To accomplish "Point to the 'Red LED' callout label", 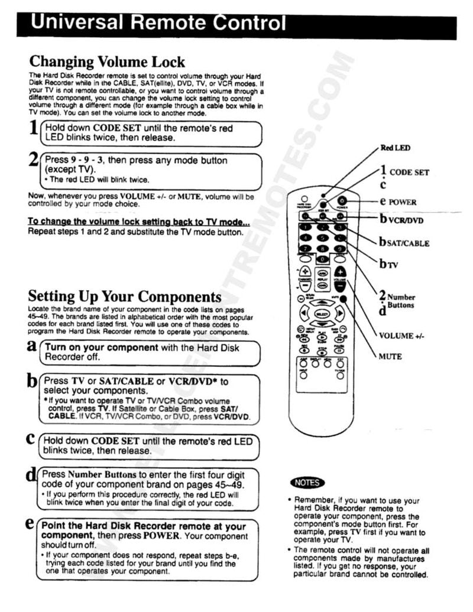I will (x=396, y=148).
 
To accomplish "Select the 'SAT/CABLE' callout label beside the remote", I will (x=408, y=243).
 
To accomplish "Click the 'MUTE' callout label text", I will (x=390, y=356).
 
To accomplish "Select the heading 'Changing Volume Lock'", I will (x=107, y=61).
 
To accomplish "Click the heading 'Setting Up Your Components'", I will (x=125, y=296).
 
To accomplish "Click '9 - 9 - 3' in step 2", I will (x=86, y=160).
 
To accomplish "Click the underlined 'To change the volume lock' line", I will (x=139, y=222).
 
